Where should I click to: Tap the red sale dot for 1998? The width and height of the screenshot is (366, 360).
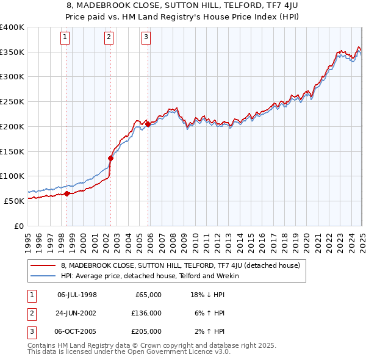[66, 194]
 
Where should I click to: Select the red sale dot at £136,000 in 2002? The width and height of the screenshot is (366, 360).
[110, 158]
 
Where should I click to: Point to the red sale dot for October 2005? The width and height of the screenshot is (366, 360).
[148, 124]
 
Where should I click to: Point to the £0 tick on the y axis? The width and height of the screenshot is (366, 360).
[20, 226]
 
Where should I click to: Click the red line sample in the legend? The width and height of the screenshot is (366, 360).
[43, 266]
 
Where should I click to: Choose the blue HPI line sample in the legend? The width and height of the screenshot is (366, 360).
[43, 276]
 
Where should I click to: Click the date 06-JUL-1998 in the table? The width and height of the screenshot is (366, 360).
[77, 295]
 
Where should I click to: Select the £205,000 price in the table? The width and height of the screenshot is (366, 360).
[146, 331]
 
